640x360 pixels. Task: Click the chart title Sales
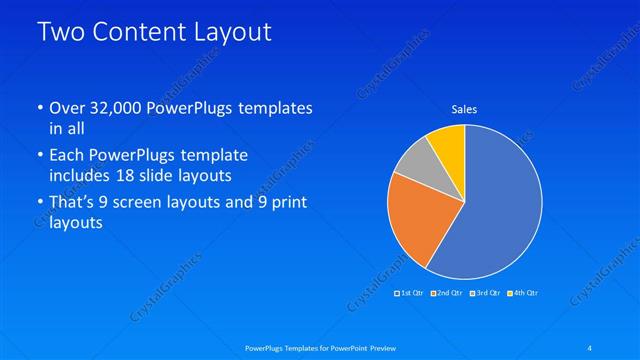(x=464, y=109)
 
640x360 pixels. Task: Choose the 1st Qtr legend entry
(x=411, y=293)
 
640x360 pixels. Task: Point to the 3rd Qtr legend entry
(x=486, y=293)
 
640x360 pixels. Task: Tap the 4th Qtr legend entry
(x=524, y=293)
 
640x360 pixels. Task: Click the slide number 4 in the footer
(x=591, y=347)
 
